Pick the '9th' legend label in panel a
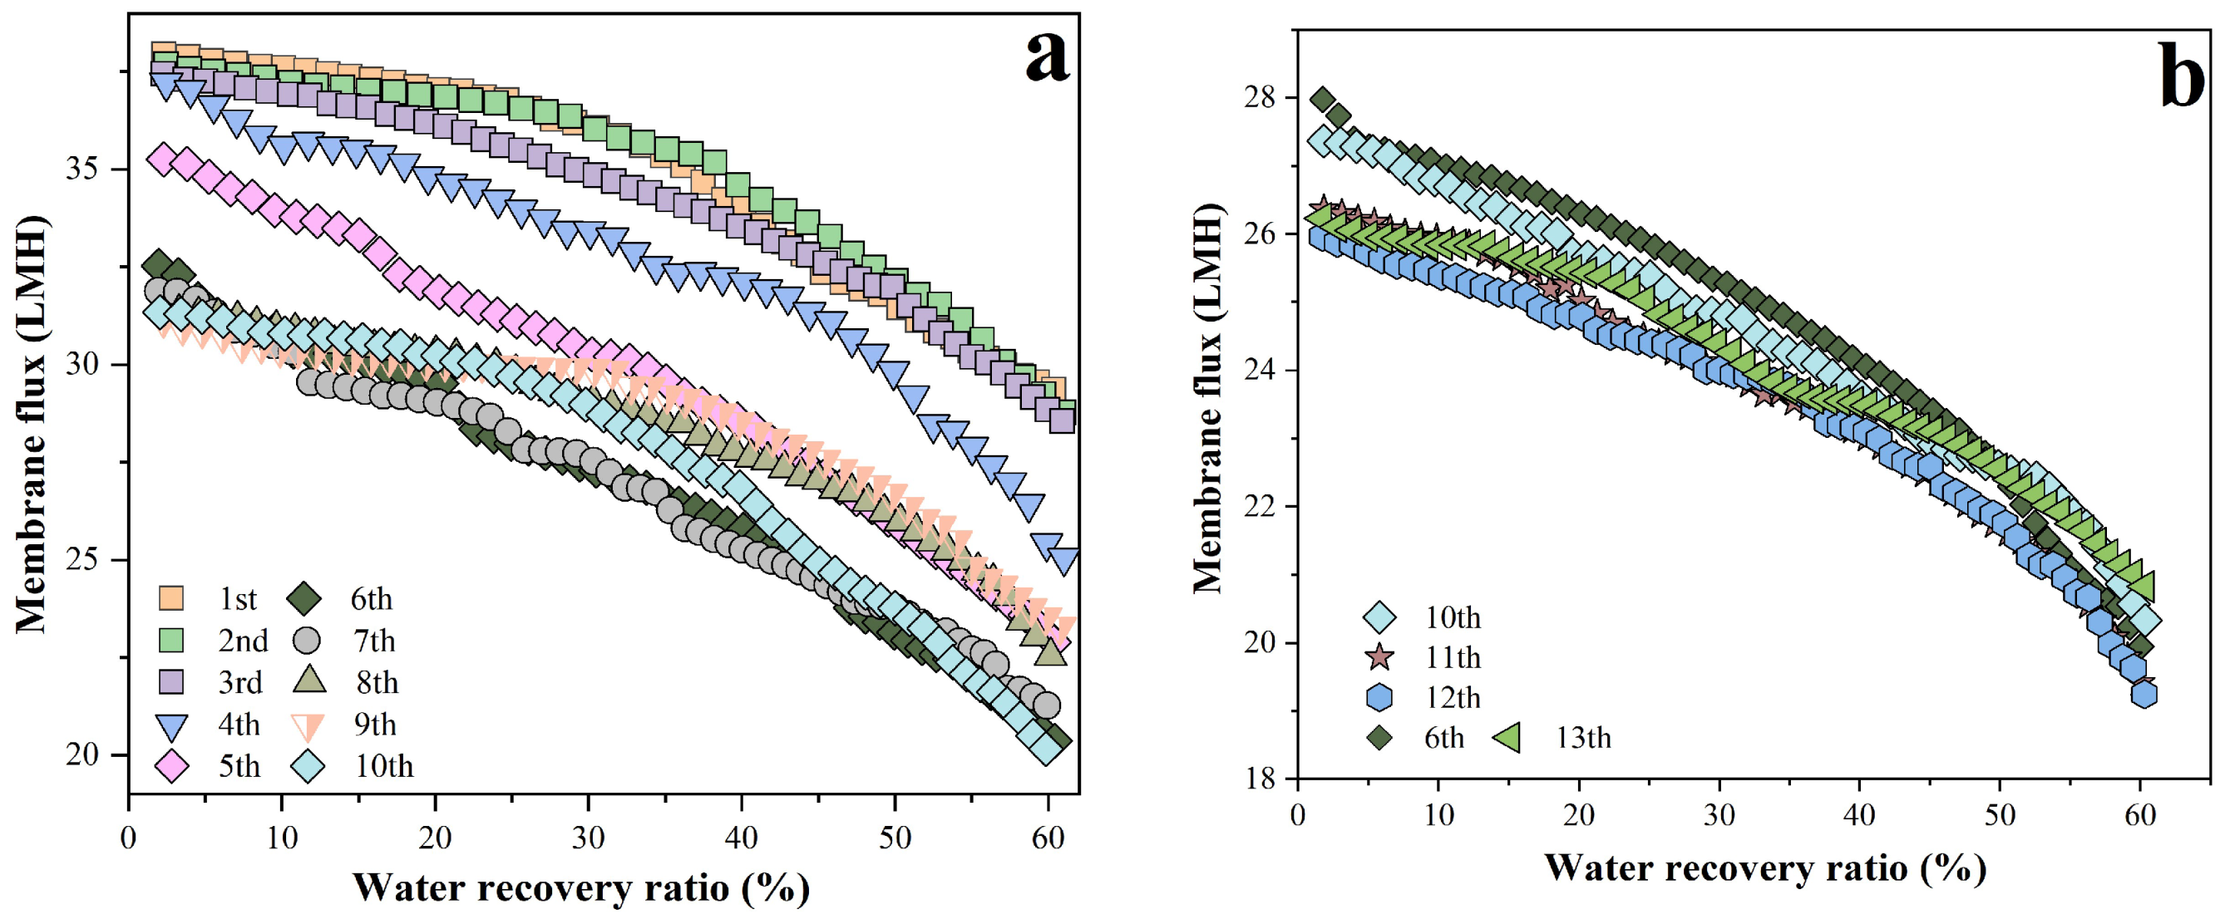pos(375,725)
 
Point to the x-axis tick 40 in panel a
pos(741,838)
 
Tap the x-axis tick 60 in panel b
pos(2140,815)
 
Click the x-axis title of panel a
pos(581,888)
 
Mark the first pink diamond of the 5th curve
pos(163,159)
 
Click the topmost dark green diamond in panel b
pos(1322,100)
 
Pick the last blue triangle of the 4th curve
pos(1065,560)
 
